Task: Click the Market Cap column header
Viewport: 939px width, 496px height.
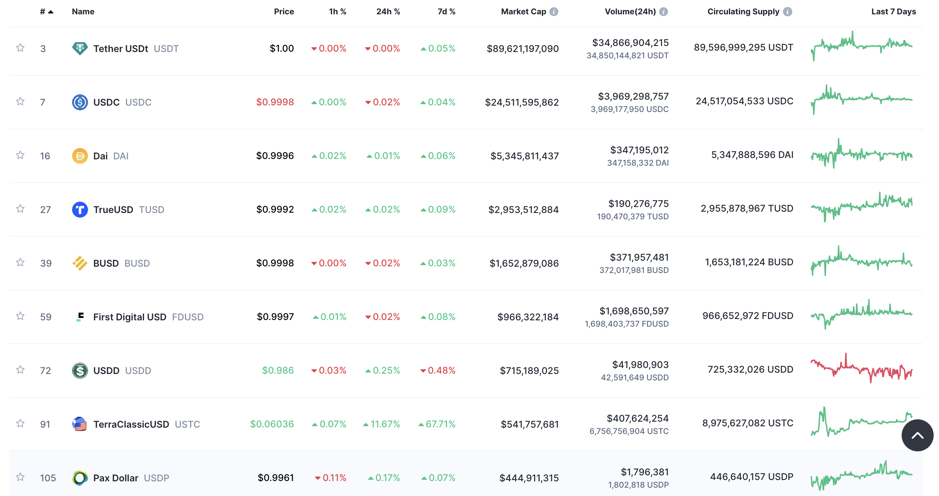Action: click(523, 12)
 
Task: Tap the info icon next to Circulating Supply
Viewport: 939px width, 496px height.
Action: click(787, 12)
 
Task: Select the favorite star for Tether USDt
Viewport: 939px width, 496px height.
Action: click(20, 48)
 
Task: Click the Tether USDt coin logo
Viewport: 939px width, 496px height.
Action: click(80, 48)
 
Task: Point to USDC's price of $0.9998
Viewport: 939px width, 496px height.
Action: click(274, 102)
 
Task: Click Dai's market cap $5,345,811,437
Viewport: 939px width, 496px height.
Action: click(524, 156)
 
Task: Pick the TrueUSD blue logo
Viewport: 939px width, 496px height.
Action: click(80, 210)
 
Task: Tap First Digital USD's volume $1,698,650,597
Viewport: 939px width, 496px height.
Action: click(634, 311)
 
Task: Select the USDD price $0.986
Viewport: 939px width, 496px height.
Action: click(278, 370)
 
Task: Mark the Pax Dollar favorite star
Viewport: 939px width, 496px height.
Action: click(20, 477)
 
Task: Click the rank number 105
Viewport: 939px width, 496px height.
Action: click(48, 478)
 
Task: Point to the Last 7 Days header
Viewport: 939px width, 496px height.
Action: click(893, 12)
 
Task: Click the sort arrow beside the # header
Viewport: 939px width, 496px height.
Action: click(51, 12)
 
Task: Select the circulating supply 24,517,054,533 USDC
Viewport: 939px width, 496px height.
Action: click(744, 101)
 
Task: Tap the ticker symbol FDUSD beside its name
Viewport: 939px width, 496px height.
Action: click(187, 317)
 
